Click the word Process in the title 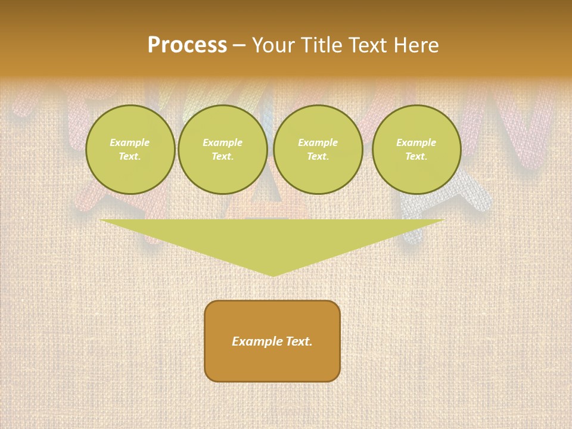pyautogui.click(x=187, y=45)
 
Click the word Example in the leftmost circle pyautogui.click(x=130, y=142)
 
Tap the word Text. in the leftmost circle pyautogui.click(x=130, y=157)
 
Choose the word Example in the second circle pyautogui.click(x=223, y=142)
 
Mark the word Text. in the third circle pyautogui.click(x=318, y=157)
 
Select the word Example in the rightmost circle pyautogui.click(x=416, y=142)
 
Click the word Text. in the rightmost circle pyautogui.click(x=416, y=157)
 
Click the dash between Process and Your pyautogui.click(x=239, y=46)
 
